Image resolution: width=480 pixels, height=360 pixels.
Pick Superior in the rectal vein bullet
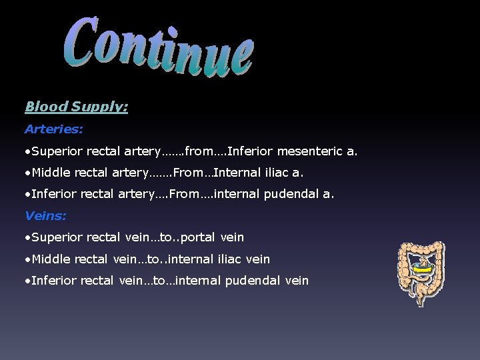click(x=55, y=237)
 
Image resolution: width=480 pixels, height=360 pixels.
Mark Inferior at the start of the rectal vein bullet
click(x=53, y=280)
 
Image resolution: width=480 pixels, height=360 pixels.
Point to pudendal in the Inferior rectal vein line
click(x=251, y=280)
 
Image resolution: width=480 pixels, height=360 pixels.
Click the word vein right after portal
click(x=233, y=237)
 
